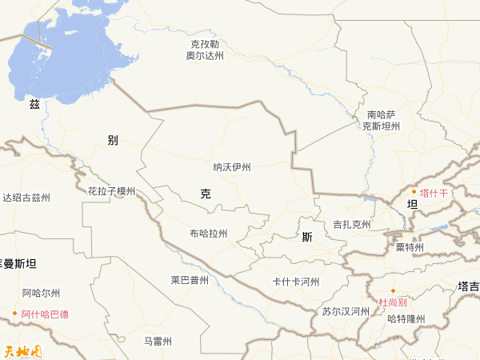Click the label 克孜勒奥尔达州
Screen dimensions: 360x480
(x=205, y=50)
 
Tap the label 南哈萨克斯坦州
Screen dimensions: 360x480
(x=381, y=121)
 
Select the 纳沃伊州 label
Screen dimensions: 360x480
(x=232, y=167)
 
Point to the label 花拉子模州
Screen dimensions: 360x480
(x=112, y=191)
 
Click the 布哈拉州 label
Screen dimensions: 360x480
(x=208, y=234)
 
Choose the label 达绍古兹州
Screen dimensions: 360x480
(x=26, y=198)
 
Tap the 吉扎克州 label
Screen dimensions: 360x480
(x=352, y=224)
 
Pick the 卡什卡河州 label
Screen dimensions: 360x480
(x=296, y=282)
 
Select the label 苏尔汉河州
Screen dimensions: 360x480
(x=346, y=311)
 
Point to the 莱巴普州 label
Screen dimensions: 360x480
(x=190, y=280)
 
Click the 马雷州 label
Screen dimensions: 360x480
(x=158, y=341)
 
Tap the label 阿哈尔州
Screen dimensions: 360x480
(x=41, y=293)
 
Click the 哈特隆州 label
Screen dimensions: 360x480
(x=406, y=318)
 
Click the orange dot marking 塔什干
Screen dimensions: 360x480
(x=414, y=193)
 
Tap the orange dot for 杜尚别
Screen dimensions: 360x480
(x=393, y=291)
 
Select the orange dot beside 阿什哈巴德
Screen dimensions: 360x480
(x=15, y=314)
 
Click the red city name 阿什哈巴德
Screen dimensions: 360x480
(x=45, y=314)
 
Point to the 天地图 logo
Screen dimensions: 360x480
(x=22, y=350)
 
